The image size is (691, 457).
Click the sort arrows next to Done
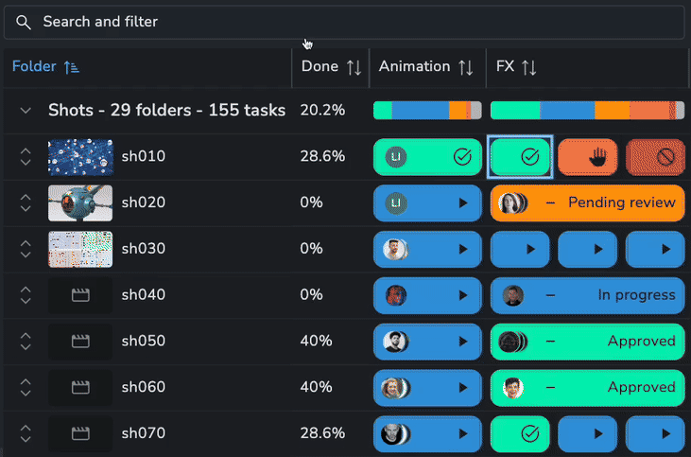(x=354, y=67)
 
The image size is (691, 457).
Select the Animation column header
(x=414, y=66)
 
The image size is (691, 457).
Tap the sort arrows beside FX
(x=529, y=67)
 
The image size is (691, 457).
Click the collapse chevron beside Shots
(x=26, y=111)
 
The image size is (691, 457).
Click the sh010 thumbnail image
(x=80, y=156)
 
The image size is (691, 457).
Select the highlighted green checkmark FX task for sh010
(x=520, y=156)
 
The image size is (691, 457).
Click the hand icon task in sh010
(x=587, y=157)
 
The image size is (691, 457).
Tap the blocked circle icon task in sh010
(x=655, y=157)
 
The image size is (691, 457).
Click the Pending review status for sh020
(x=621, y=202)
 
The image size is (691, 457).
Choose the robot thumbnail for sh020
(x=80, y=202)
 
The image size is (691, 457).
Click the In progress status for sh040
(x=636, y=295)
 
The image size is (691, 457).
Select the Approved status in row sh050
(x=641, y=341)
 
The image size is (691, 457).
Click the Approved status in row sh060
(x=641, y=387)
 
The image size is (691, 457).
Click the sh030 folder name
(x=143, y=249)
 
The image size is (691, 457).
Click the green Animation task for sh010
(x=427, y=157)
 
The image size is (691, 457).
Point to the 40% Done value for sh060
(x=316, y=387)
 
